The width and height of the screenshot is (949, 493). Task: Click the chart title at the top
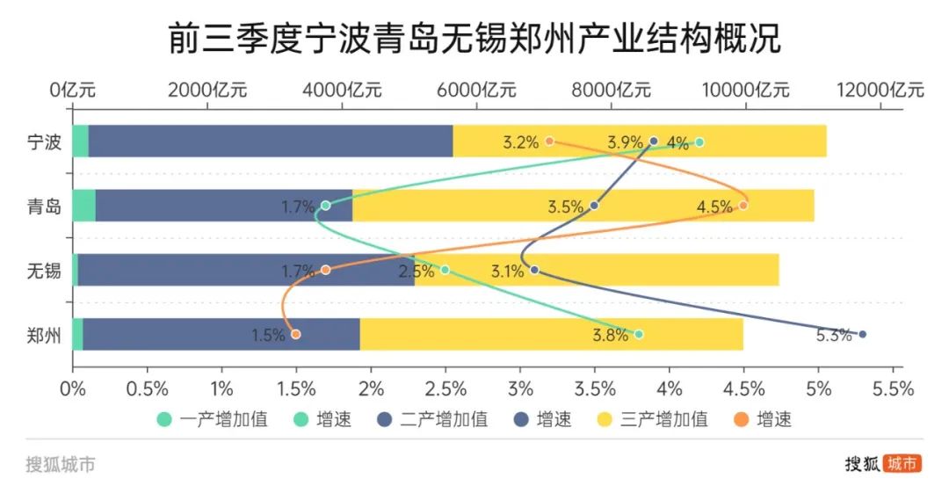coord(474,39)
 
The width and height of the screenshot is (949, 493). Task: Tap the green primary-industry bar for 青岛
coord(83,206)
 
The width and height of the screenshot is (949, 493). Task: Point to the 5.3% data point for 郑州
coord(862,335)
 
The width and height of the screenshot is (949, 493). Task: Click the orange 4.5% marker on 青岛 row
coord(743,206)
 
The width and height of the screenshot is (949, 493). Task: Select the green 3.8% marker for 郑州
coord(639,335)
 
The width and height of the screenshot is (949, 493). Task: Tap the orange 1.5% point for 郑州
coord(296,335)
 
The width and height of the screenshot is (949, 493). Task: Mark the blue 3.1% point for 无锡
coord(534,270)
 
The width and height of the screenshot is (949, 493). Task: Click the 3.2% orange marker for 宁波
coord(549,141)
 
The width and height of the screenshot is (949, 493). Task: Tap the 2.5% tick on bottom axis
coord(446,388)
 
